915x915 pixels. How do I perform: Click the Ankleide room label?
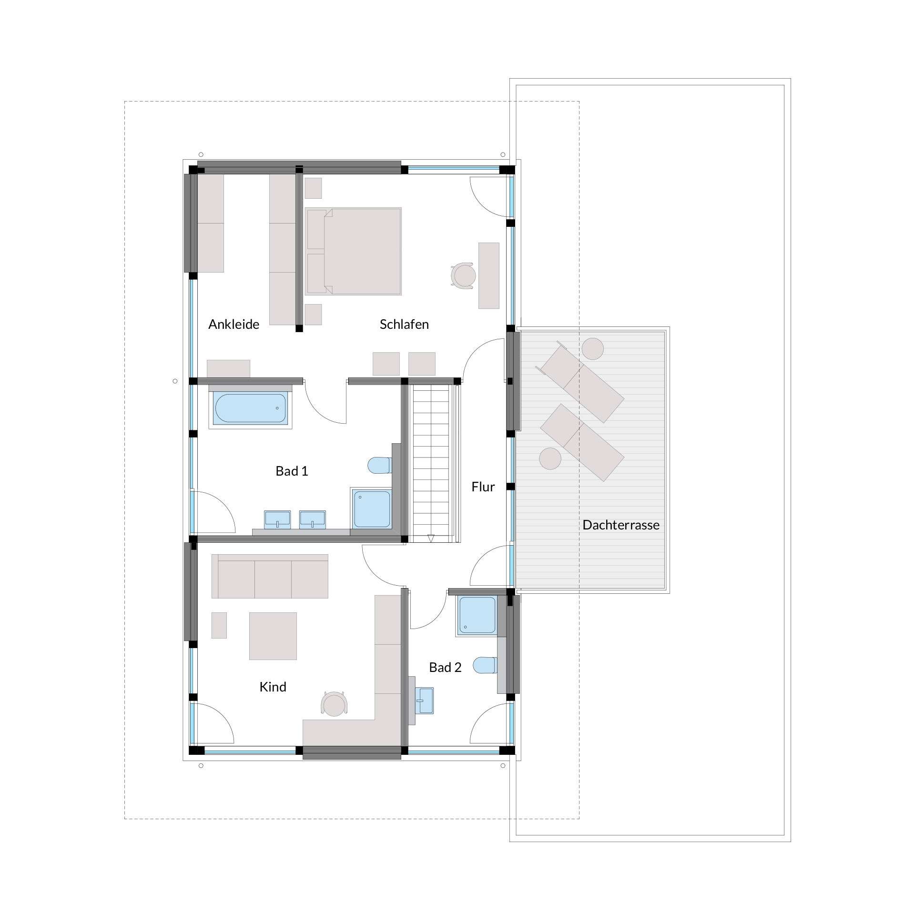pyautogui.click(x=234, y=325)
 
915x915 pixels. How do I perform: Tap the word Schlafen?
pyautogui.click(x=404, y=325)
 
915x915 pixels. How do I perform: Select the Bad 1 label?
pyautogui.click(x=292, y=471)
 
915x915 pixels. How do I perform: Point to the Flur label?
pyautogui.click(x=483, y=487)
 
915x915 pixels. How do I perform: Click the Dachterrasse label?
pyautogui.click(x=621, y=525)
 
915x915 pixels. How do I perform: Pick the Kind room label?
pyautogui.click(x=273, y=687)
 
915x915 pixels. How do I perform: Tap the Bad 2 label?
pyautogui.click(x=445, y=667)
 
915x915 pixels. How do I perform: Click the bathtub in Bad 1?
pyautogui.click(x=250, y=409)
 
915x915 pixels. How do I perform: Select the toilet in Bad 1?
pyautogui.click(x=380, y=465)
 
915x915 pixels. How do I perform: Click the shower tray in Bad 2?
pyautogui.click(x=477, y=615)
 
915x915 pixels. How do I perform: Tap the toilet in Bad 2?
pyautogui.click(x=485, y=665)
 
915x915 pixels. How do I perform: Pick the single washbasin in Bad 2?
pyautogui.click(x=424, y=701)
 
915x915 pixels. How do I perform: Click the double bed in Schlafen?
pyautogui.click(x=354, y=251)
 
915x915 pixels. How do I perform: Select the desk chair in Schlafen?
pyautogui.click(x=463, y=275)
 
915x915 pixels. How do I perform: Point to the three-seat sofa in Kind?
pyautogui.click(x=270, y=576)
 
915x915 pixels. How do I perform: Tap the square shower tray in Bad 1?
pyautogui.click(x=372, y=509)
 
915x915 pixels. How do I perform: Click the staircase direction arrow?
pyautogui.click(x=431, y=539)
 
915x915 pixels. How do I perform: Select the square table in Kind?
pyautogui.click(x=273, y=636)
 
